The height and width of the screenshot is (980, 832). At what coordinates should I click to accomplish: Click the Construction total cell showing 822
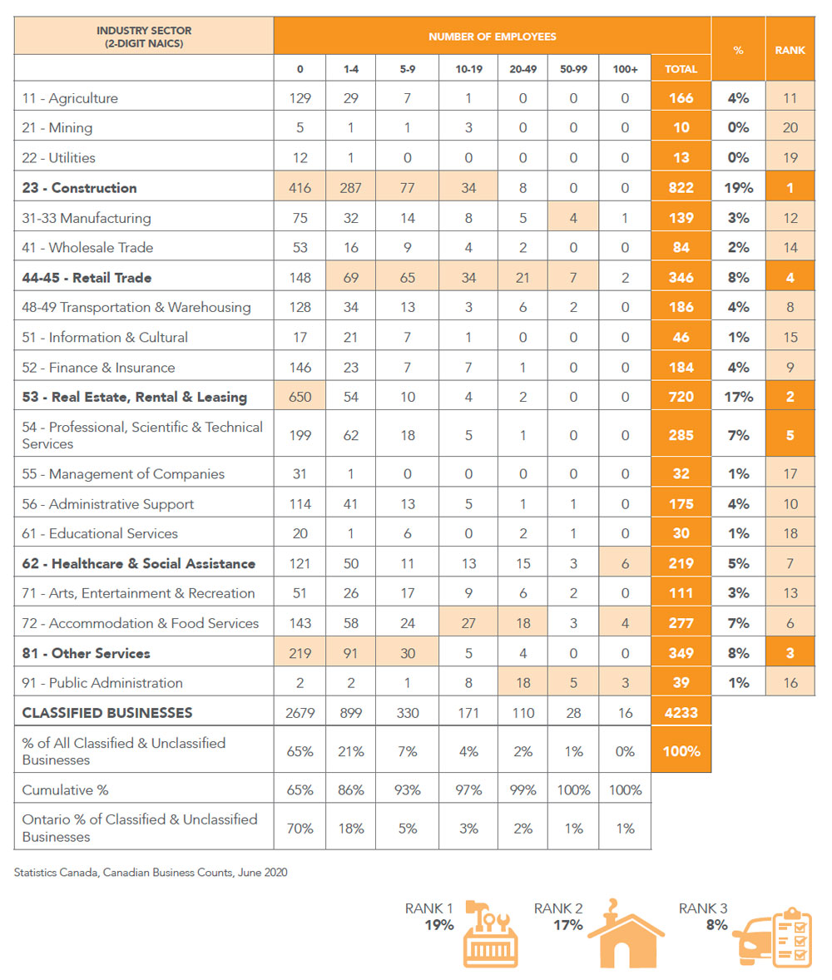tap(680, 188)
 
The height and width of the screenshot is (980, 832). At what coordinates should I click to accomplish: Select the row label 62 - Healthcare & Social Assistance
tap(139, 563)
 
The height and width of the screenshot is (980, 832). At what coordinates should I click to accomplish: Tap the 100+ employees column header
tap(624, 69)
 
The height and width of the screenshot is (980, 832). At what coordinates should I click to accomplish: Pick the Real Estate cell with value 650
tap(300, 397)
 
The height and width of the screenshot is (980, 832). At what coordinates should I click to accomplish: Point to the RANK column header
tap(790, 50)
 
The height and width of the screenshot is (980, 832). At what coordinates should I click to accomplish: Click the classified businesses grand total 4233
tap(680, 712)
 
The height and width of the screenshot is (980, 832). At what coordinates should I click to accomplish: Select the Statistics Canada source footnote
tap(151, 873)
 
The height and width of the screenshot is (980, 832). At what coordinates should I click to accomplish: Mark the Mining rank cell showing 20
tap(790, 128)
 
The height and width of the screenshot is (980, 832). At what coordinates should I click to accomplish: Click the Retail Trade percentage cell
tap(738, 278)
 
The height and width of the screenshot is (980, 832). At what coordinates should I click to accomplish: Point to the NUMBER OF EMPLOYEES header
tap(492, 37)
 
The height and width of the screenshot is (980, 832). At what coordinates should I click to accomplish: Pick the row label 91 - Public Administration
tap(102, 683)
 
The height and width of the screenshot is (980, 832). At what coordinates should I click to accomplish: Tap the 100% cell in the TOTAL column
tap(680, 750)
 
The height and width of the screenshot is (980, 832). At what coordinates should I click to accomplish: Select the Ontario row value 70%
tap(300, 828)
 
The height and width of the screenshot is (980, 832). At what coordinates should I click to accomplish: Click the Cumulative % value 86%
tap(350, 789)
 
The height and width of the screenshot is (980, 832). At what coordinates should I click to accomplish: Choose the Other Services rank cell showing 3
tap(790, 653)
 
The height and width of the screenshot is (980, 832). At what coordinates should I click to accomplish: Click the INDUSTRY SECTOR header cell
tap(144, 37)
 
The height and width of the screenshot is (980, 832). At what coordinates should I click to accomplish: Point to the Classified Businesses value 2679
tap(300, 712)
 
